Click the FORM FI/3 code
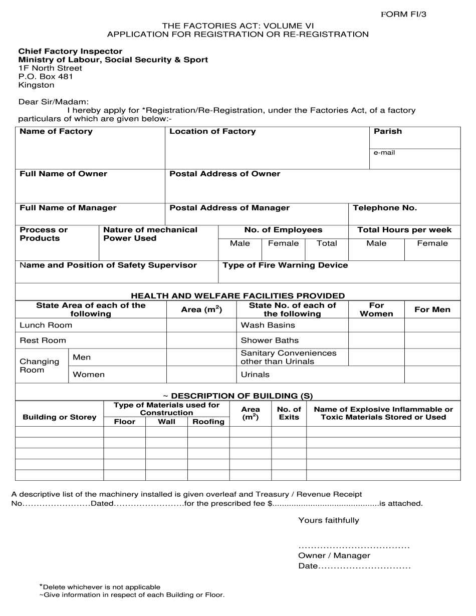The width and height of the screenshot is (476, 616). click(x=404, y=14)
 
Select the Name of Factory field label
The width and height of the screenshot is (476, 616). click(x=56, y=131)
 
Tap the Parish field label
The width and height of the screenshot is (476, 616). click(x=388, y=131)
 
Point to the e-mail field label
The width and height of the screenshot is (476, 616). click(x=384, y=152)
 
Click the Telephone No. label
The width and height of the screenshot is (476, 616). click(x=385, y=208)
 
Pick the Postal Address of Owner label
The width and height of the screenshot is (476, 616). click(x=225, y=174)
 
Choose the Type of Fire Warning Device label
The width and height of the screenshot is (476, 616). click(x=285, y=265)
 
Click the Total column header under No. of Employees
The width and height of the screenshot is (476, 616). click(x=327, y=243)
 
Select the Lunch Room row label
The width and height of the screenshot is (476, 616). click(x=46, y=325)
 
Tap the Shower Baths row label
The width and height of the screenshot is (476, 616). click(x=270, y=341)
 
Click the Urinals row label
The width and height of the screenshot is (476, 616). click(x=255, y=375)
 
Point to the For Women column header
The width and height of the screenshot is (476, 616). click(x=376, y=310)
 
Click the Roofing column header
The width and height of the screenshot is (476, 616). click(x=208, y=422)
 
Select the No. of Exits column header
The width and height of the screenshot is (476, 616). click(x=289, y=413)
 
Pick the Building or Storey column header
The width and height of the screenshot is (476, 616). click(x=60, y=417)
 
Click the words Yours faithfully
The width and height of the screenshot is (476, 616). click(x=329, y=520)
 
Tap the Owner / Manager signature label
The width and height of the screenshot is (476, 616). click(x=334, y=555)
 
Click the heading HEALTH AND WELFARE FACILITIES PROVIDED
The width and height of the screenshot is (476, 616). click(x=238, y=296)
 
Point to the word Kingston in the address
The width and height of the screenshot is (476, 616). click(x=37, y=85)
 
